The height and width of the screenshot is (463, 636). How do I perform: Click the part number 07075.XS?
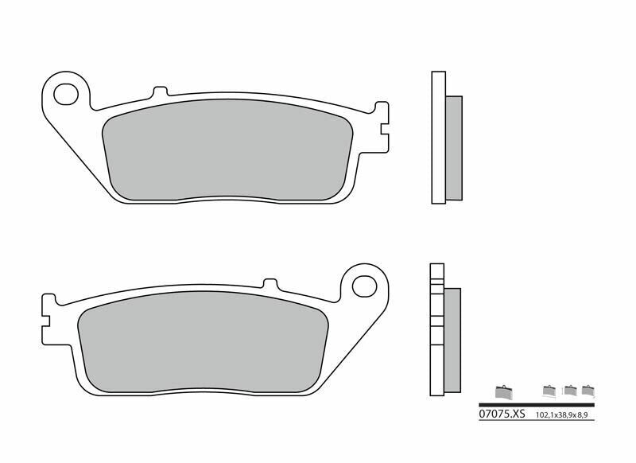coord(502,414)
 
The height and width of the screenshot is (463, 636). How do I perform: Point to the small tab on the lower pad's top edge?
coord(270,282)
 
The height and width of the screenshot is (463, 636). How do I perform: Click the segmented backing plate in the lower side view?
coord(435,329)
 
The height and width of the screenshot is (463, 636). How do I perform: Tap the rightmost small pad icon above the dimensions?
coord(588,390)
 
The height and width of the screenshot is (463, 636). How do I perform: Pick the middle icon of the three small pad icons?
coord(569,390)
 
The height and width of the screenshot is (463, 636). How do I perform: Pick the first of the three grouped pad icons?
coord(549,390)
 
